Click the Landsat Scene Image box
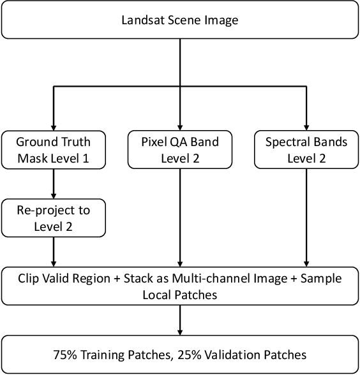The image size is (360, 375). (180, 20)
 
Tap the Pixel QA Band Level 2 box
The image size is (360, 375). (180, 150)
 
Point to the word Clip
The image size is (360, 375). (29, 278)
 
